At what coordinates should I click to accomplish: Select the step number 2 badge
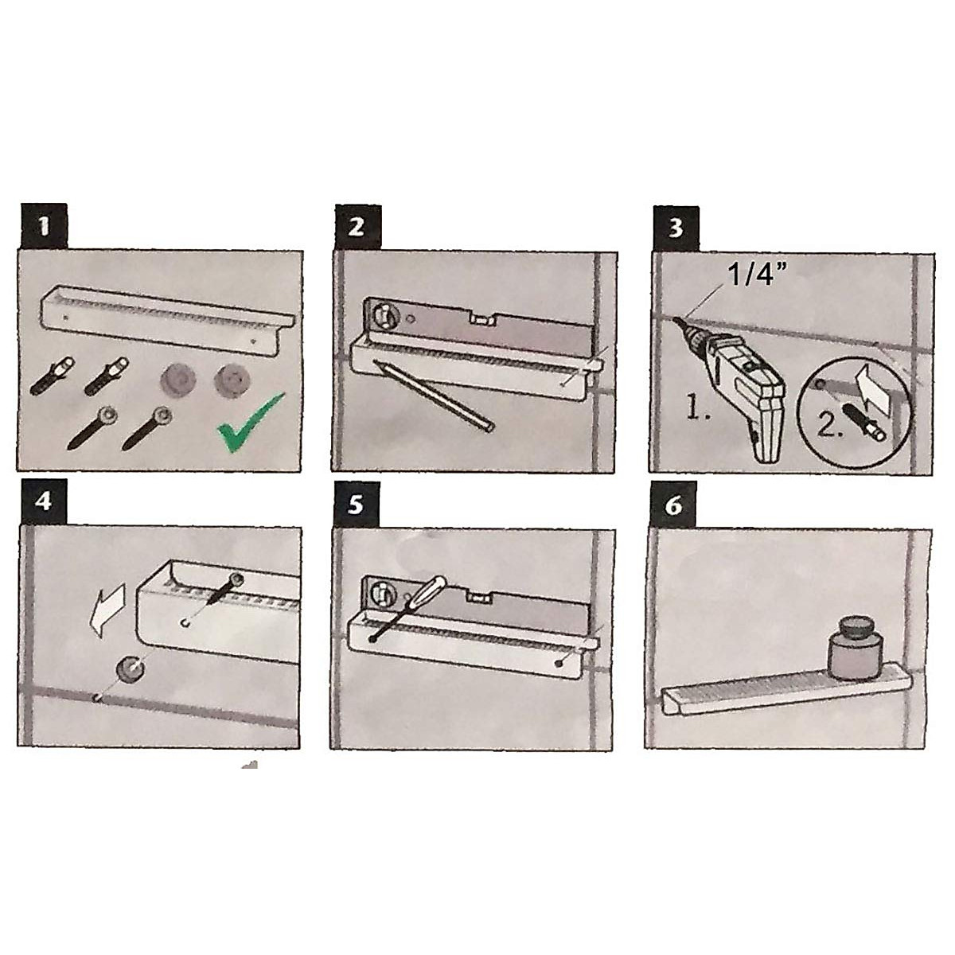pyautogui.click(x=358, y=227)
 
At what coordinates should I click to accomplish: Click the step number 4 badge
pyautogui.click(x=43, y=502)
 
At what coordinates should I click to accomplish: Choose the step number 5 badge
pyautogui.click(x=356, y=505)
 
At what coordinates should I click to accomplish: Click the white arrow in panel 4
pyautogui.click(x=107, y=612)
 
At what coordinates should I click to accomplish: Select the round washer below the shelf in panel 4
pyautogui.click(x=130, y=669)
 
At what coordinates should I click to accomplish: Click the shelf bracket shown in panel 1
pyautogui.click(x=170, y=318)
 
